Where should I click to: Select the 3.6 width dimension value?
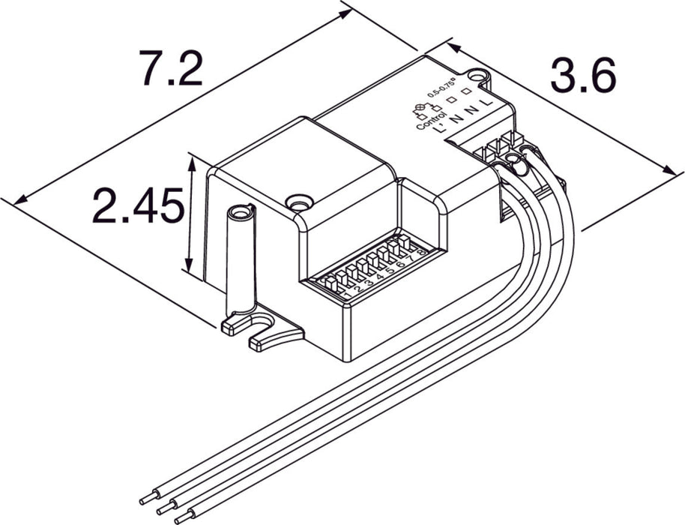pos(583,75)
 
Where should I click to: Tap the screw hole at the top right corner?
pos(480,75)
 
